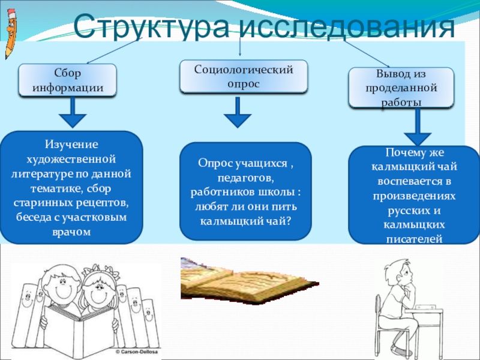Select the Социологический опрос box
click(244, 76)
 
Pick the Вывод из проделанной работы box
click(401, 88)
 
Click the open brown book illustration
click(240, 281)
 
